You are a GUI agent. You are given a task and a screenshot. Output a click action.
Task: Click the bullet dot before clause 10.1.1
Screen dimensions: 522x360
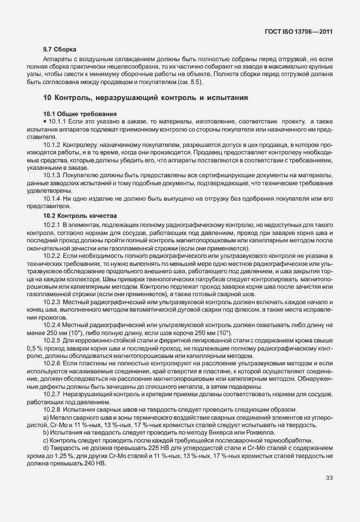[x=45, y=122]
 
